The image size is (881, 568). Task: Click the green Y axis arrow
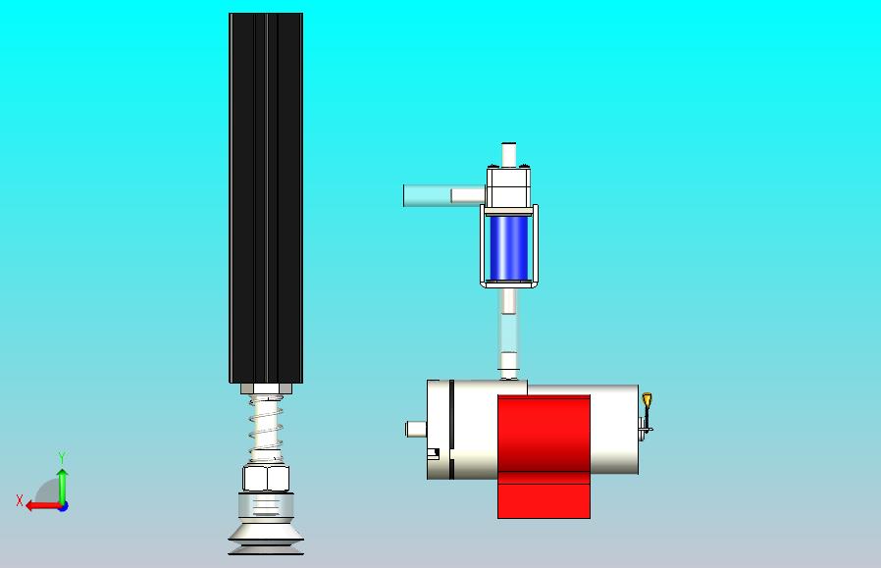tap(62, 484)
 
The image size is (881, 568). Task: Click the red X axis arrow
tap(38, 506)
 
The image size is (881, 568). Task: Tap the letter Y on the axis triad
tap(62, 458)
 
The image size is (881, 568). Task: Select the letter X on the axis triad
tap(20, 500)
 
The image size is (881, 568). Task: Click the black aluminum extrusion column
tap(265, 196)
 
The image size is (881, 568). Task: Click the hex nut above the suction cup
tap(266, 480)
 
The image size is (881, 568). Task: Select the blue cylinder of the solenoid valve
tap(508, 246)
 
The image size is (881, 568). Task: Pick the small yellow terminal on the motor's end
tap(648, 400)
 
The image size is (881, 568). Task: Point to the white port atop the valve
tap(509, 154)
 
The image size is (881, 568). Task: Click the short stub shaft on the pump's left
tap(416, 429)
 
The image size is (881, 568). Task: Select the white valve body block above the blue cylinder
tap(509, 187)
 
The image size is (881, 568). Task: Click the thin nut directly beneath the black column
tap(266, 388)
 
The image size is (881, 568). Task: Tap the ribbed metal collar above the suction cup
tap(266, 506)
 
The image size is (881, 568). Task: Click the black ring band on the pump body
tap(451, 429)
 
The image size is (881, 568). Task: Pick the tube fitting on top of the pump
tap(508, 373)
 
